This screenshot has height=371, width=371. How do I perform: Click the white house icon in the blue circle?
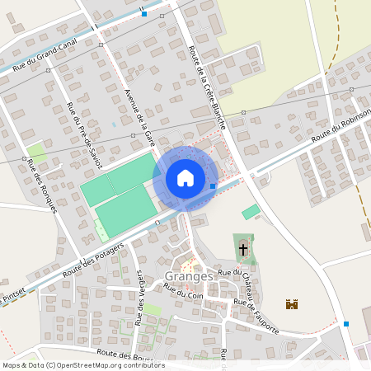click(185, 177)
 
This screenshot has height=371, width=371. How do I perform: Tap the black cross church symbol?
click(243, 248)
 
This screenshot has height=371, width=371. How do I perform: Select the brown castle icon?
click(291, 304)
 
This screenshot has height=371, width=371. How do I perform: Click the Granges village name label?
click(189, 276)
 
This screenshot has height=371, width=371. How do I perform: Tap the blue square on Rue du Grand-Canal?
click(144, 14)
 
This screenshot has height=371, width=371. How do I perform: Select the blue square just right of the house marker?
click(213, 186)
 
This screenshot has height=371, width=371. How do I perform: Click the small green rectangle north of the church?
click(251, 212)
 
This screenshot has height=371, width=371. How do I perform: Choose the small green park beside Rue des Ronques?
click(36, 153)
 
